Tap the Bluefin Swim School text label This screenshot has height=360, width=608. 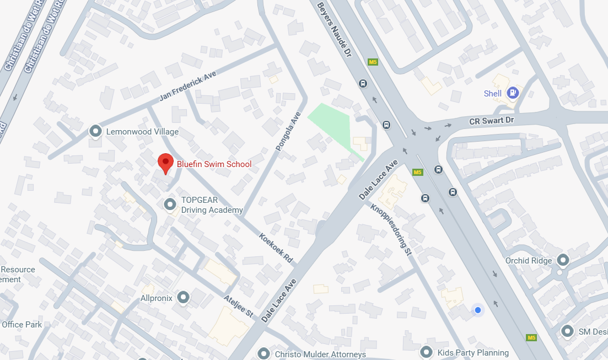(x=214, y=164)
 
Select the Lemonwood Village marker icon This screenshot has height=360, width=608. (x=96, y=131)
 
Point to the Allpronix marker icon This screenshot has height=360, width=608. (x=184, y=298)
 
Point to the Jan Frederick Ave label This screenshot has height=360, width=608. (x=188, y=86)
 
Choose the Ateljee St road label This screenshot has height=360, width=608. (x=239, y=306)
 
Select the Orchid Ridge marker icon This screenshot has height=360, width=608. (x=563, y=259)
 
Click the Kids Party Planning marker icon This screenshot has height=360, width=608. (x=426, y=351)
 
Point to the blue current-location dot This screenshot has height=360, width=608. (x=478, y=310)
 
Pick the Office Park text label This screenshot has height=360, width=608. (x=21, y=325)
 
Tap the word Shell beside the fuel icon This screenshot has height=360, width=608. (x=492, y=94)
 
